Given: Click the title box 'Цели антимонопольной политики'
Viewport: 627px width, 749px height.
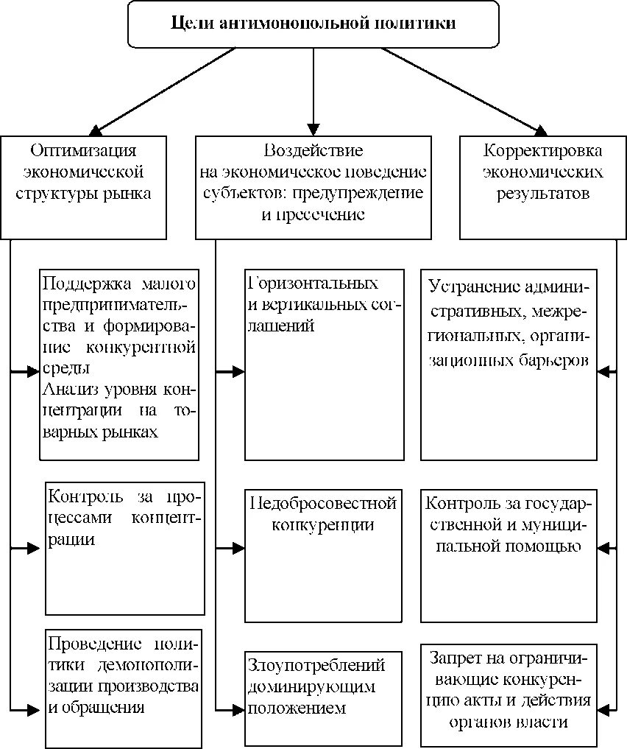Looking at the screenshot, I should [x=313, y=24].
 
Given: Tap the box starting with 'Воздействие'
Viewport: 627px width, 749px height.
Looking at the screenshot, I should [x=313, y=187].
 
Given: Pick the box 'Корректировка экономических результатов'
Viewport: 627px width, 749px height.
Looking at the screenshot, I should [x=543, y=187].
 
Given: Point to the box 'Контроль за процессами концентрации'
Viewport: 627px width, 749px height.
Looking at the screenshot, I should [x=124, y=548].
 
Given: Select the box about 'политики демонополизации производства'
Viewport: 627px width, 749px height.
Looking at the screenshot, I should [x=123, y=687].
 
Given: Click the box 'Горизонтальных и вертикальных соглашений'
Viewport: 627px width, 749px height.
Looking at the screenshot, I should [x=324, y=365].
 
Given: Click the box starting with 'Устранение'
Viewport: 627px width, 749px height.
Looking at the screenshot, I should [x=509, y=365].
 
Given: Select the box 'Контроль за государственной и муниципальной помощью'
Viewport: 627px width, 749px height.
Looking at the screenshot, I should [x=509, y=555].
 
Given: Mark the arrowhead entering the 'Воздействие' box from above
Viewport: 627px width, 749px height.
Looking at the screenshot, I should [x=314, y=128].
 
